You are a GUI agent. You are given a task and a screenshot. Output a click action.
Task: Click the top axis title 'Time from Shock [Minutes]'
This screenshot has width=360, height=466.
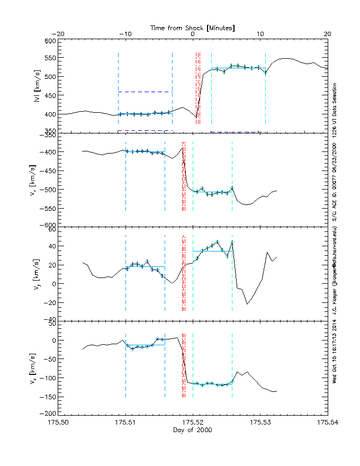193,27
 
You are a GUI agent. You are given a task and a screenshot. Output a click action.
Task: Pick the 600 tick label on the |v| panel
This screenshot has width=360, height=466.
50,41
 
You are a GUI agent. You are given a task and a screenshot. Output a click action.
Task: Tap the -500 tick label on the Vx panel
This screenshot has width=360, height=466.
48,189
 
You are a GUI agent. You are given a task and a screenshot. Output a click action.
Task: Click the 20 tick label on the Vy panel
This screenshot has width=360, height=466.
51,265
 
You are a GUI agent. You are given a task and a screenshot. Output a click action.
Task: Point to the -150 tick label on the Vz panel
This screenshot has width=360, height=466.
48,396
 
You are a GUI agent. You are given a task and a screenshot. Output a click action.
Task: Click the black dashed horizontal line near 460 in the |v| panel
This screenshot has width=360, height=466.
145,92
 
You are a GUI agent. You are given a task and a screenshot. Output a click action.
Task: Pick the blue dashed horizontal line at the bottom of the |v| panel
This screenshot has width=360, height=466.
145,130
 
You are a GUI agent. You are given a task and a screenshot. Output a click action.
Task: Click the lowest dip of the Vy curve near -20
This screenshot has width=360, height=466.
247,304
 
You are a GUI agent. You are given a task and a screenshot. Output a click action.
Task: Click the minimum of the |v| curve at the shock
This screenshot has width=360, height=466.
196,117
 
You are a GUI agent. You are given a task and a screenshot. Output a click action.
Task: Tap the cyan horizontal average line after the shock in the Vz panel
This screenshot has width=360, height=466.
212,383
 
